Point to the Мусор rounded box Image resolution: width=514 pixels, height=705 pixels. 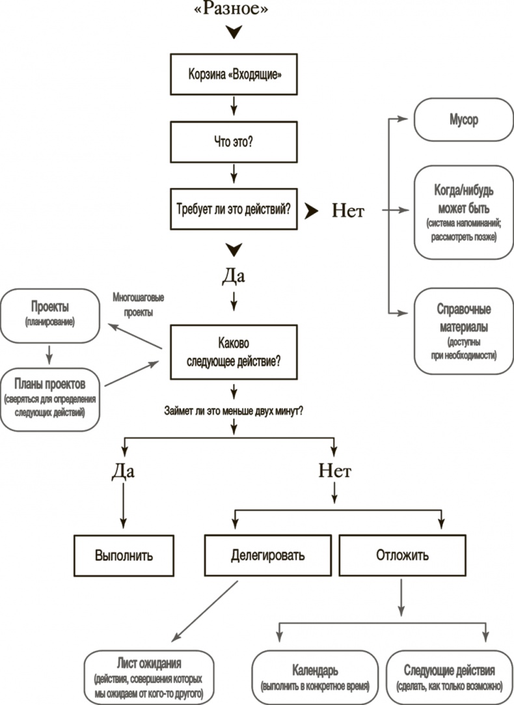pyautogui.click(x=463, y=120)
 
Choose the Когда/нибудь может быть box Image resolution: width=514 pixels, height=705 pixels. pyautogui.click(x=463, y=213)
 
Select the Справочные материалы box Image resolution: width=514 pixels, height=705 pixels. pyautogui.click(x=463, y=331)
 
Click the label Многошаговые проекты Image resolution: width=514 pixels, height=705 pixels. pyautogui.click(x=138, y=304)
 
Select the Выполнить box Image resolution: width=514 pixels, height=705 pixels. pyautogui.click(x=124, y=556)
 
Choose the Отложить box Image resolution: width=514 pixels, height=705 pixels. pyautogui.click(x=402, y=556)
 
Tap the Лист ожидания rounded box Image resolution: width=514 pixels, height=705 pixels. pyautogui.click(x=149, y=678)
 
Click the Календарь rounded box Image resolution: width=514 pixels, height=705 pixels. pyautogui.click(x=315, y=678)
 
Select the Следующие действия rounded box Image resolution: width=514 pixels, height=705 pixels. pyautogui.click(x=449, y=678)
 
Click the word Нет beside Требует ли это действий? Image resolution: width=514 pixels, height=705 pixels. pyautogui.click(x=348, y=210)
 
